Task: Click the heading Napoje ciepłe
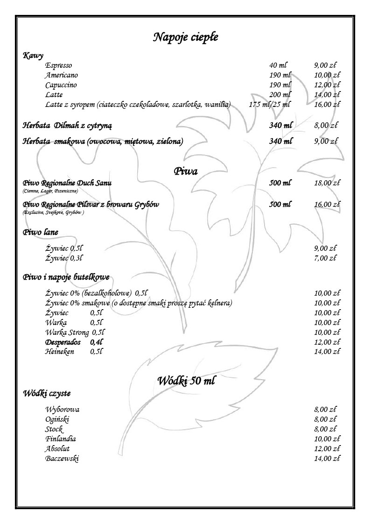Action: pyautogui.click(x=185, y=37)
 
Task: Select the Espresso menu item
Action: pyautogui.click(x=59, y=65)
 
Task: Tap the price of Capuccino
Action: pyautogui.click(x=327, y=85)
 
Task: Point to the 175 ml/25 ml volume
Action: pyautogui.click(x=269, y=105)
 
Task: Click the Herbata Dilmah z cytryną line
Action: pyautogui.click(x=67, y=125)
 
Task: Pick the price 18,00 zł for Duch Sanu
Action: pyautogui.click(x=327, y=183)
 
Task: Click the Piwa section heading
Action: pyautogui.click(x=185, y=171)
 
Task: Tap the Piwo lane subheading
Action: pyautogui.click(x=41, y=232)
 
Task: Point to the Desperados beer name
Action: pyautogui.click(x=63, y=342)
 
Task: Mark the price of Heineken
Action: pyautogui.click(x=327, y=352)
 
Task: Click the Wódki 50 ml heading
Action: pyautogui.click(x=186, y=381)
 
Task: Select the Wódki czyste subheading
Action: pyautogui.click(x=47, y=393)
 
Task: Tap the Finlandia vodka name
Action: pyautogui.click(x=61, y=439)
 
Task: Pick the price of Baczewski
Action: pyautogui.click(x=327, y=459)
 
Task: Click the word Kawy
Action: pyautogui.click(x=33, y=56)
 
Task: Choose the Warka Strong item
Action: pyautogui.click(x=67, y=333)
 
